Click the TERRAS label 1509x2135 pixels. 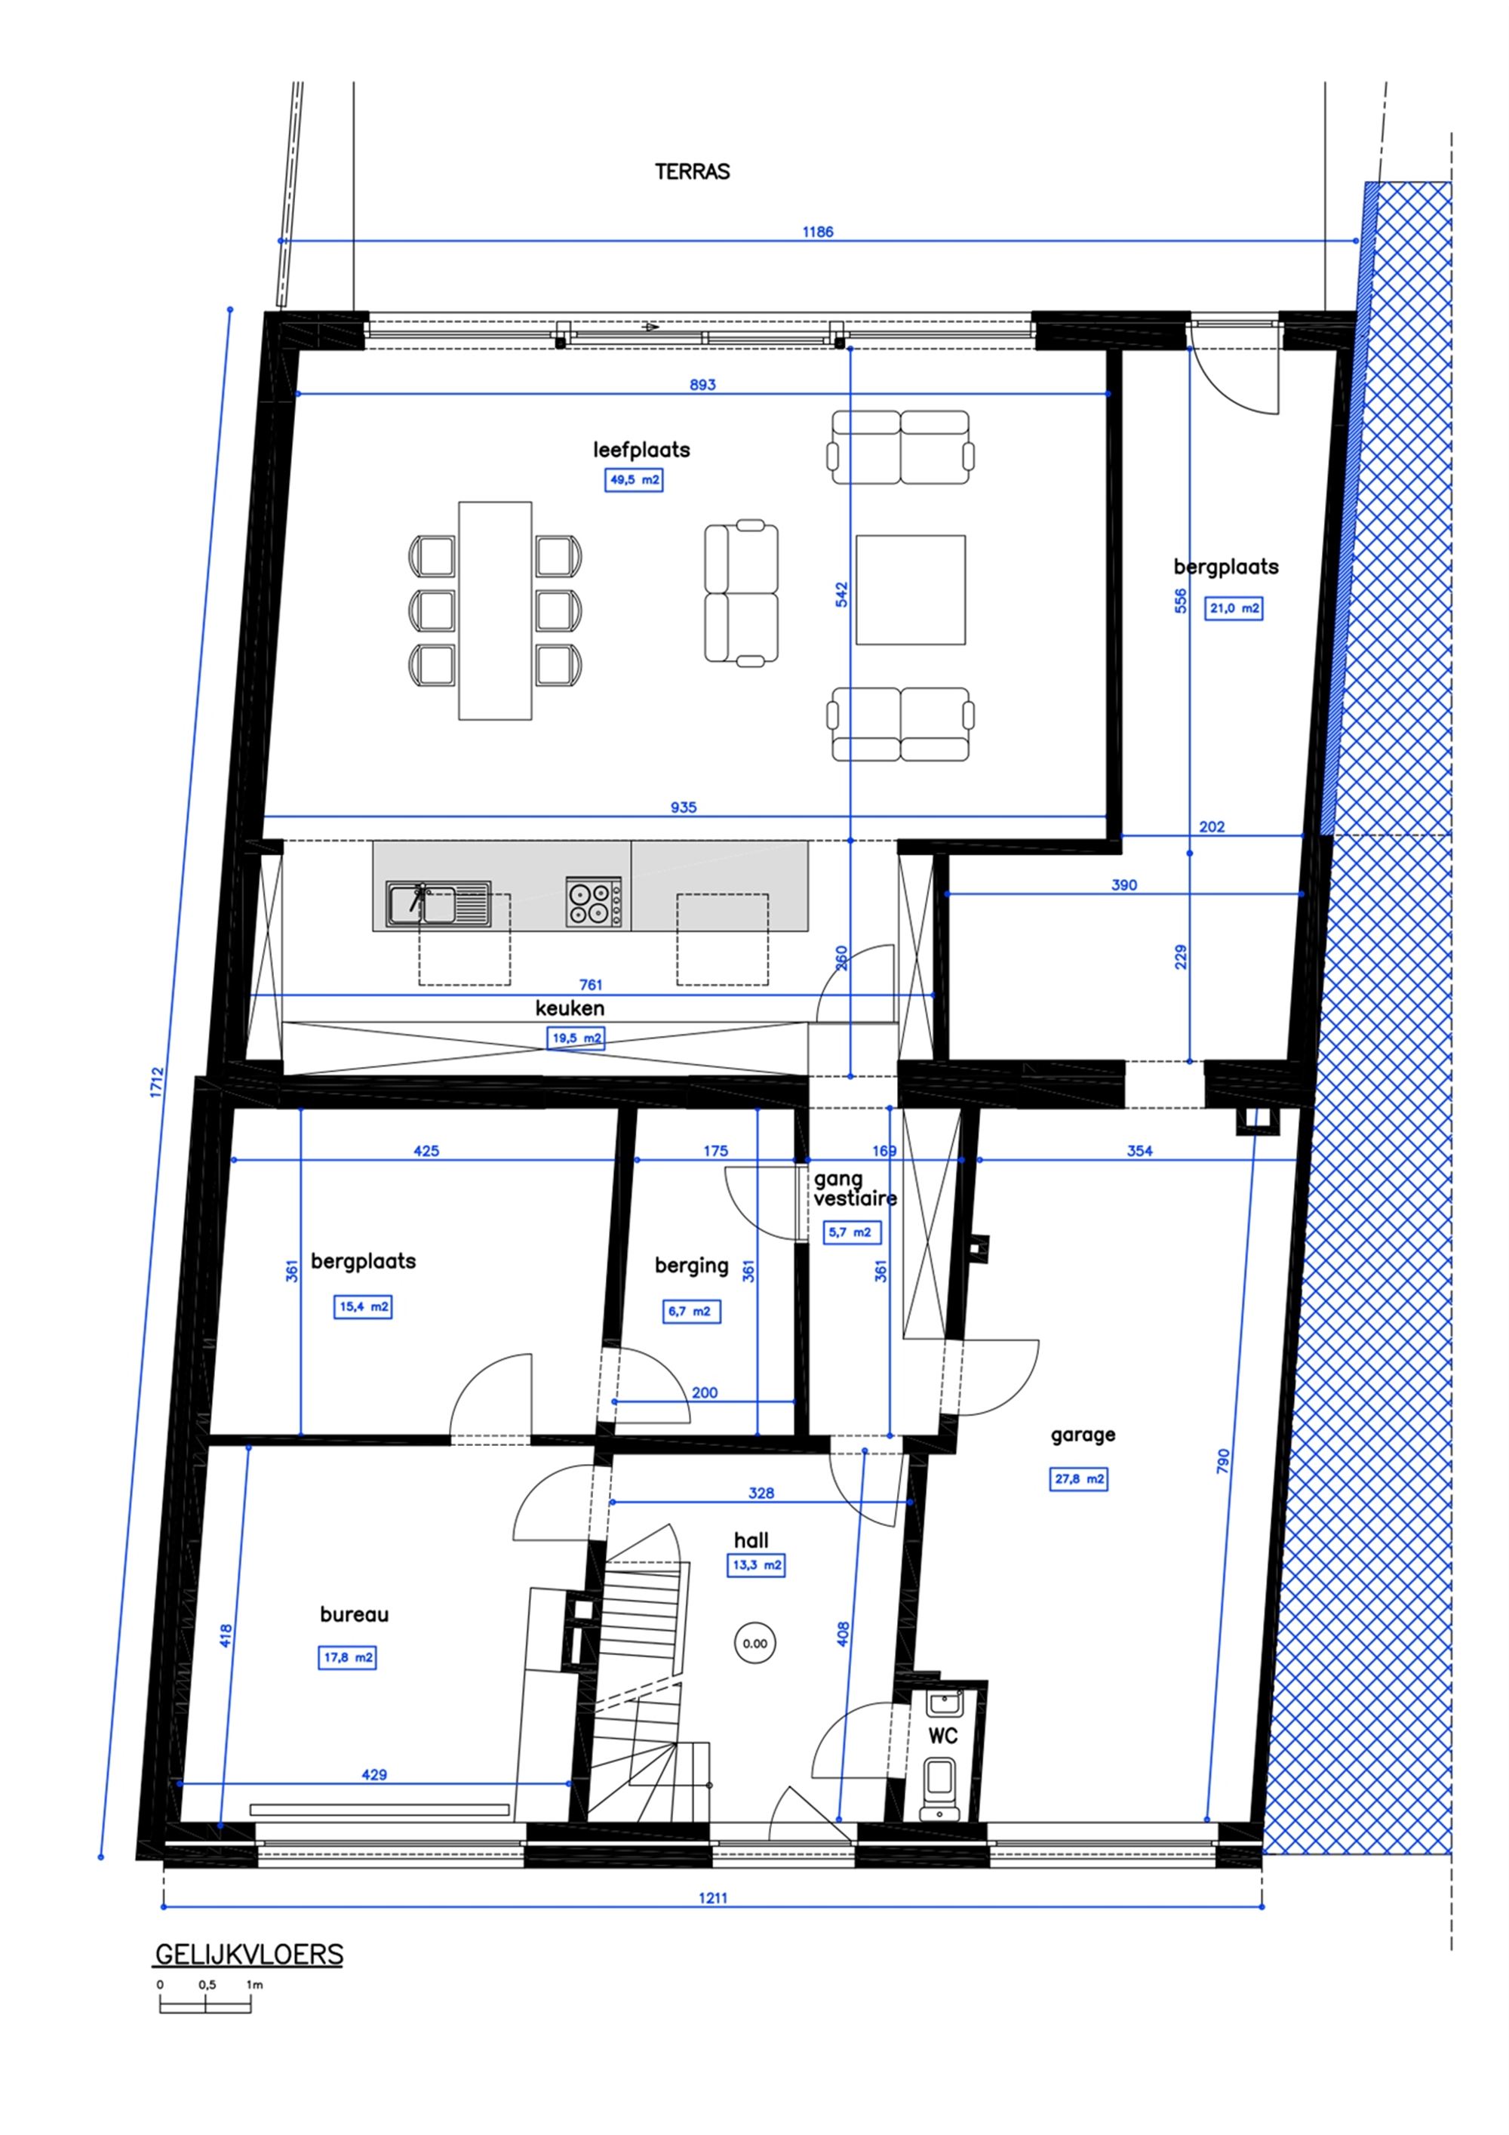tap(692, 172)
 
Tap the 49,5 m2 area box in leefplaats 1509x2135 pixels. tap(633, 480)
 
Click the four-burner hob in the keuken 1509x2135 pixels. tap(594, 902)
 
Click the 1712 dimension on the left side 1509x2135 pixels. tap(156, 1082)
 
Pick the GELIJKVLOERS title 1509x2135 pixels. tap(248, 1954)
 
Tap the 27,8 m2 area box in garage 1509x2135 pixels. tap(1078, 1478)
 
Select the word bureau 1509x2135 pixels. tap(355, 1614)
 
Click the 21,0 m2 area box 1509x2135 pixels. tap(1234, 609)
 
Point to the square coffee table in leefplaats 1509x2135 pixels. tap(910, 589)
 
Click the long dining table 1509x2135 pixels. tap(495, 611)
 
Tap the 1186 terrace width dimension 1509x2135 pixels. tap(817, 232)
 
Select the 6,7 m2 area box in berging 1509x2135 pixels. tap(691, 1311)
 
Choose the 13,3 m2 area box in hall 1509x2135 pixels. tap(755, 1565)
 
